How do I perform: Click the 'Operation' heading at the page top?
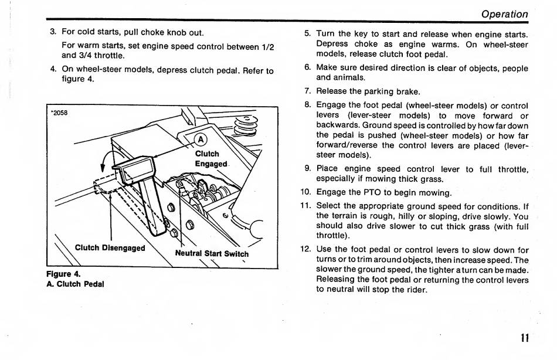pos(504,13)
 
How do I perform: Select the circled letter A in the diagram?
pos(201,140)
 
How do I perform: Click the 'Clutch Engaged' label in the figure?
pos(210,159)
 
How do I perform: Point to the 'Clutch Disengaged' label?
pos(110,247)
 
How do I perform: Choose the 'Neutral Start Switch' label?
pos(212,254)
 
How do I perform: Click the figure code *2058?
pos(60,113)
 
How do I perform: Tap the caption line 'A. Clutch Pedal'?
pos(74,284)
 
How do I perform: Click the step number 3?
pos(53,32)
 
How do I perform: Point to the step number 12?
pos(305,249)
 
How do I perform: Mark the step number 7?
pos(307,91)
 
